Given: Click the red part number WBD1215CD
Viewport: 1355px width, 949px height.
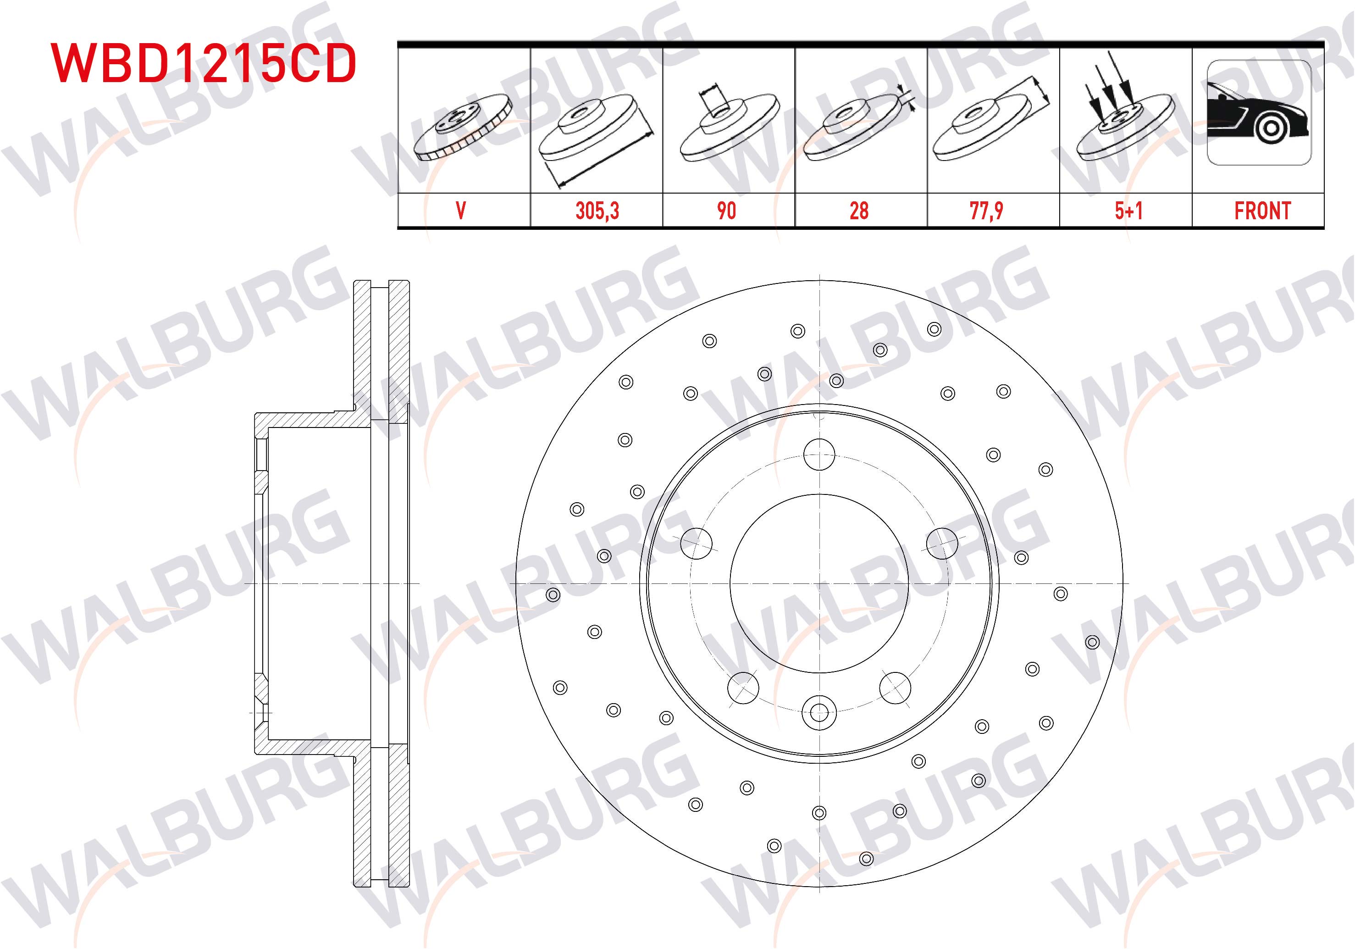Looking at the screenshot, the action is (x=204, y=62).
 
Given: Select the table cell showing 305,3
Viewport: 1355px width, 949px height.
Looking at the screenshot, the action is (x=597, y=211).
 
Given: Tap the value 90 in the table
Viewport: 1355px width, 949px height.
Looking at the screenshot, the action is (x=726, y=211).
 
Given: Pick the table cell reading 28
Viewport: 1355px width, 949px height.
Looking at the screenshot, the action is (x=859, y=211).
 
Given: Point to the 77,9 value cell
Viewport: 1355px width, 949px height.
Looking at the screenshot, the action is (x=986, y=211).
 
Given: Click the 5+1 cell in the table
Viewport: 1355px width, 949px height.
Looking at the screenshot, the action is (x=1128, y=211).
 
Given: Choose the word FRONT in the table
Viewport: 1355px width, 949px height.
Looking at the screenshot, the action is (x=1262, y=211).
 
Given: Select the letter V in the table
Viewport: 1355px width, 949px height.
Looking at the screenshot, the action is (x=461, y=211).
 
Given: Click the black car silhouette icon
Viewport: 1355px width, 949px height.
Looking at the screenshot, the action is (x=1259, y=113).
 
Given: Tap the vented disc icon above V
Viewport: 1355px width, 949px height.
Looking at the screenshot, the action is (x=463, y=127).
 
